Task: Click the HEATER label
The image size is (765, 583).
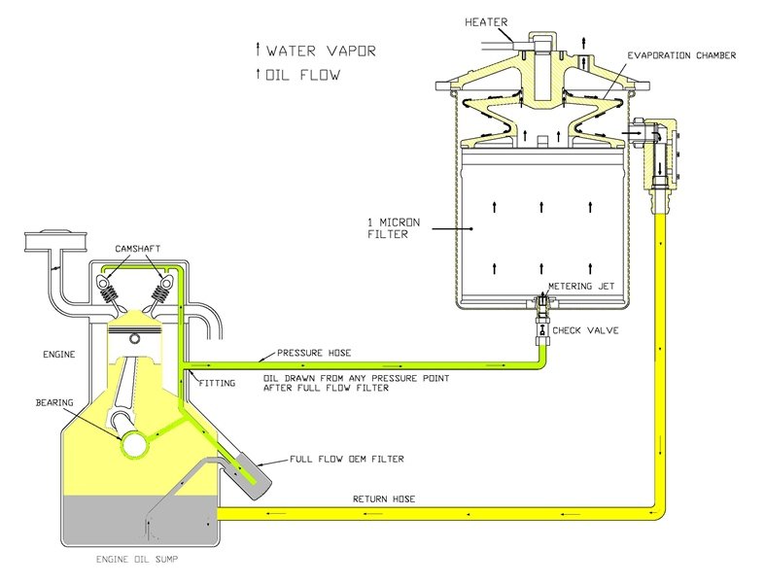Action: click(x=486, y=22)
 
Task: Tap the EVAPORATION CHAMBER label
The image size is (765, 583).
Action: click(x=681, y=55)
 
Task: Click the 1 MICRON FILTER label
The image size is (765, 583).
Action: click(x=394, y=228)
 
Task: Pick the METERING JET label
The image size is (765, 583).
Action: click(x=581, y=287)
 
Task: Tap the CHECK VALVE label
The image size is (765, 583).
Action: click(x=585, y=330)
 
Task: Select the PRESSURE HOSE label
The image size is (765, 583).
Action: click(x=314, y=353)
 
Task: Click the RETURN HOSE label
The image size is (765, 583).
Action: click(x=384, y=499)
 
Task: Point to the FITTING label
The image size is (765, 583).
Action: click(x=217, y=383)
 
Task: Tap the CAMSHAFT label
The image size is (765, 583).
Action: click(x=138, y=249)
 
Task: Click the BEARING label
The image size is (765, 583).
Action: click(x=54, y=402)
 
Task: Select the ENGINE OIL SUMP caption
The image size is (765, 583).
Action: click(x=137, y=559)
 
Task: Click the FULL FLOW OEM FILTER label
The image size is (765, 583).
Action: click(x=347, y=459)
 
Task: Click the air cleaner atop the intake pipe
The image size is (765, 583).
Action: click(x=55, y=243)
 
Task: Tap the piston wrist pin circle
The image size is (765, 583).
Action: click(x=135, y=338)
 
